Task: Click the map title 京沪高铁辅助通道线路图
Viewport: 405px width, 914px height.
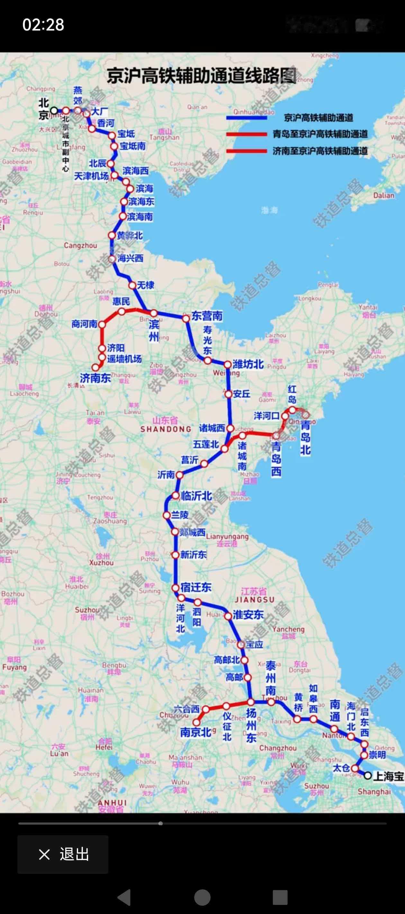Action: pos(201,76)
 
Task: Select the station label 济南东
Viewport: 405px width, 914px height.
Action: pos(95,378)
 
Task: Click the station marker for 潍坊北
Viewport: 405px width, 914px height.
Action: pos(227,364)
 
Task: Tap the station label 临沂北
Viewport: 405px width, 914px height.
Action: pos(196,496)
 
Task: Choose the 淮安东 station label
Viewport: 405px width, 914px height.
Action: pos(248,614)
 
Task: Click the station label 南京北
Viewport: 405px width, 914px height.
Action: pos(196,732)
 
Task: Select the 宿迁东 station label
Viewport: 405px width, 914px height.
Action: pos(196,587)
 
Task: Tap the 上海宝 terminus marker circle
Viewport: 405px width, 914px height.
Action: pos(368,776)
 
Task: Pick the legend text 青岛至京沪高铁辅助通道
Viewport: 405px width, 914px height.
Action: pos(320,134)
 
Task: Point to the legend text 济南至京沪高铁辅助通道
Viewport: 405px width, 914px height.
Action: pos(320,151)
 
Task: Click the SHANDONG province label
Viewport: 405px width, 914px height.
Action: pos(166,429)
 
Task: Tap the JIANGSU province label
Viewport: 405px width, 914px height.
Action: pos(255,600)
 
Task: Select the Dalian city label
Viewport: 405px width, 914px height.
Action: pos(383,195)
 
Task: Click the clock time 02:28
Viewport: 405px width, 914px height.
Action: pos(43,25)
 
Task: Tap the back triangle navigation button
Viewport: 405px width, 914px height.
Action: pos(124,897)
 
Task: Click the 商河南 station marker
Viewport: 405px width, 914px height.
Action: pos(102,324)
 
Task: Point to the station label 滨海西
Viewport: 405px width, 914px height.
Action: pos(135,171)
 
